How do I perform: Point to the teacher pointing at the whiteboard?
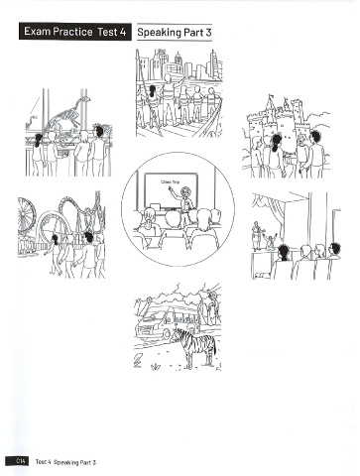[x=183, y=202]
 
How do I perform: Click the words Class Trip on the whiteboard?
[x=170, y=181]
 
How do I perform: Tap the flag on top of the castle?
[x=271, y=96]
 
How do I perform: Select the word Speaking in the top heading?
[x=160, y=33]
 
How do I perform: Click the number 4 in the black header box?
[x=123, y=32]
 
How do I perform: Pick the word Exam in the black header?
[x=38, y=32]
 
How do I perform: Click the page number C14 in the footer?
[x=17, y=462]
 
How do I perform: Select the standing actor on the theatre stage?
[x=257, y=235]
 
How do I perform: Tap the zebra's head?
[x=176, y=334]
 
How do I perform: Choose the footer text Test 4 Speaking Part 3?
[x=65, y=462]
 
